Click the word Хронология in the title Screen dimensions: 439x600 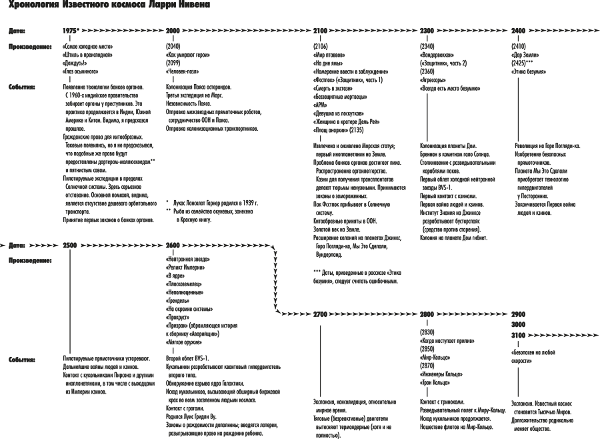coord(33,6)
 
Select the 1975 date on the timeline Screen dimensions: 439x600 coord(69,31)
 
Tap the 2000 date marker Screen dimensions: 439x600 coord(173,31)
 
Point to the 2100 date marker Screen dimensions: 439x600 coord(320,31)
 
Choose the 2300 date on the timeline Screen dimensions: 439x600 coord(427,31)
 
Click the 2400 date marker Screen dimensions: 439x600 coord(517,31)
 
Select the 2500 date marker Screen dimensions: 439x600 coord(69,245)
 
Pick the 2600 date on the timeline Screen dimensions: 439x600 coord(173,245)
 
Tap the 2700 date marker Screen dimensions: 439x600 coord(320,312)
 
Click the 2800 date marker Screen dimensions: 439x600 coord(427,312)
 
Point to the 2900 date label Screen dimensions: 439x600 coord(517,312)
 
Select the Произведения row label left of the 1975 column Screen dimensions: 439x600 coord(31,47)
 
